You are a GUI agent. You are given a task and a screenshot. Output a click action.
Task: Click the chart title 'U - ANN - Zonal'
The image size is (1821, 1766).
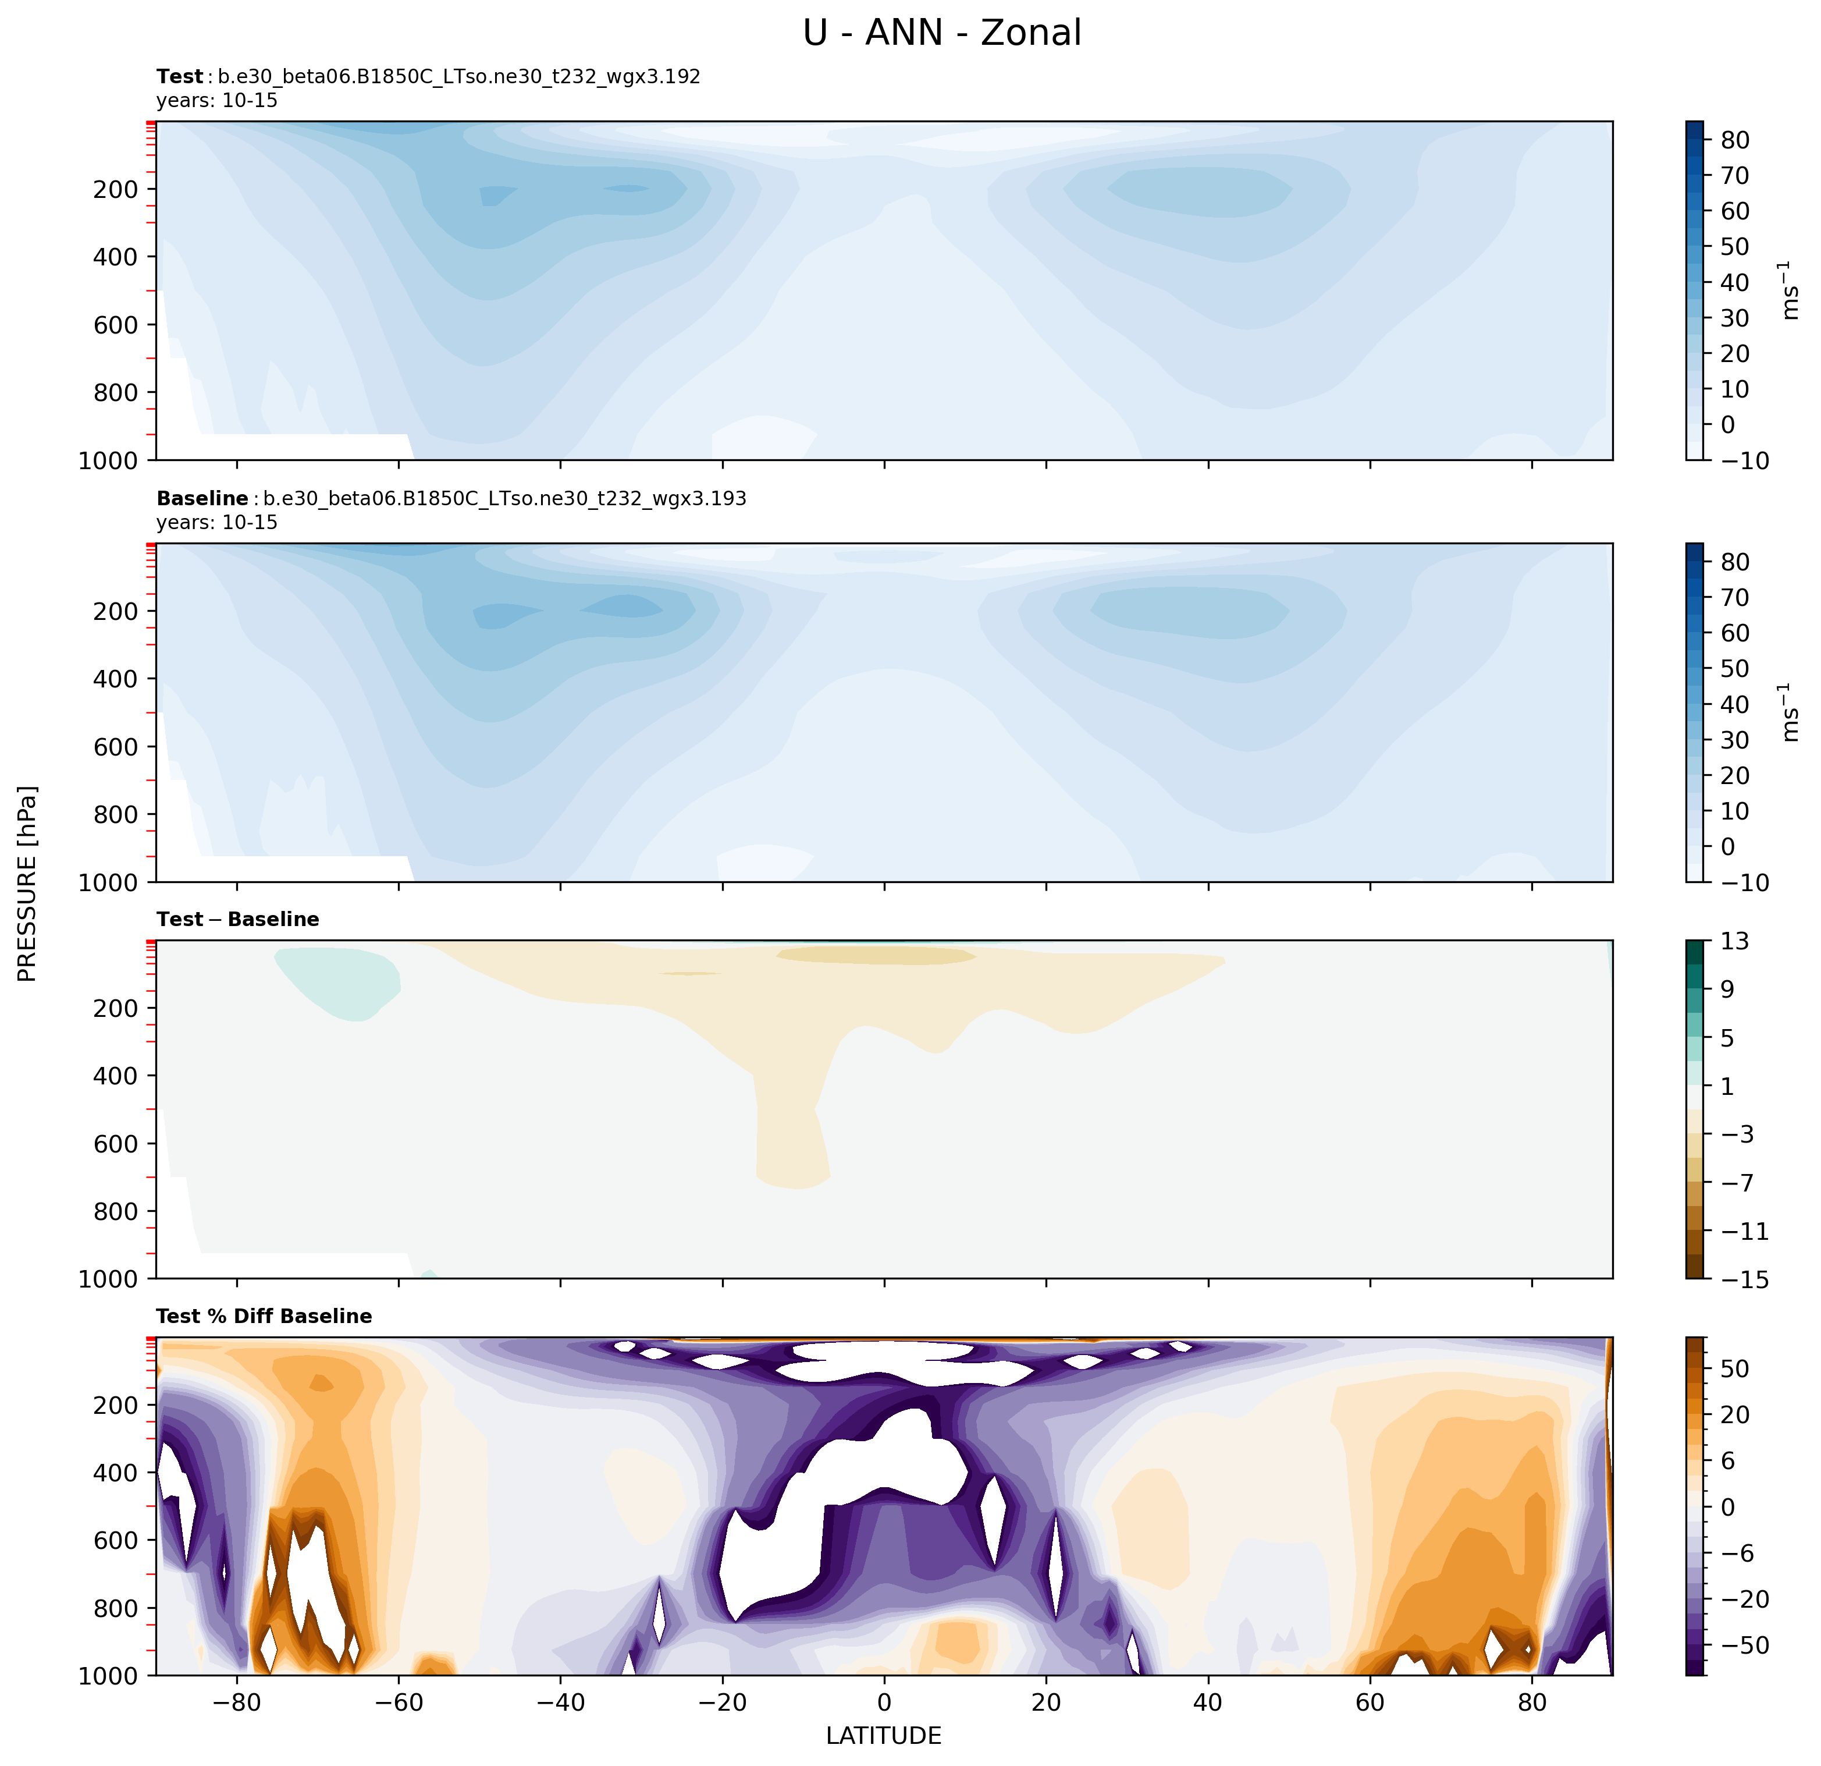coord(941,33)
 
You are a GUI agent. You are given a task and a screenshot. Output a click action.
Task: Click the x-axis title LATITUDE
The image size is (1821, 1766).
coord(884,1735)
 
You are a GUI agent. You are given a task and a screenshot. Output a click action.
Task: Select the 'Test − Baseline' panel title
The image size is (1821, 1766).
coord(238,919)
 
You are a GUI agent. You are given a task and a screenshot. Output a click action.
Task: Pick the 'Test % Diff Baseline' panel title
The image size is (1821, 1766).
coord(264,1316)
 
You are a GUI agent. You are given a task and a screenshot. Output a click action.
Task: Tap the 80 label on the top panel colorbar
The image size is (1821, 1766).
coord(1734,140)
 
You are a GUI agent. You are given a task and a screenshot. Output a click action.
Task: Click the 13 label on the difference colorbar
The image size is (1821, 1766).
coord(1734,942)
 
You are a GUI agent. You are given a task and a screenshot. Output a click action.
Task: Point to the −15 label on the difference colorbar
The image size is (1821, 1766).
coord(1737,1280)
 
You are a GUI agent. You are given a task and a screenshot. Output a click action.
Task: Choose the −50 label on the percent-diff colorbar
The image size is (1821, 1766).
coord(1737,1645)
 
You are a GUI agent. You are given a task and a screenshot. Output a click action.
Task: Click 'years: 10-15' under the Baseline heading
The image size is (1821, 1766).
coord(216,522)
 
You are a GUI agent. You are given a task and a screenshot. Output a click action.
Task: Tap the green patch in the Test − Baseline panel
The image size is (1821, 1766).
coord(344,981)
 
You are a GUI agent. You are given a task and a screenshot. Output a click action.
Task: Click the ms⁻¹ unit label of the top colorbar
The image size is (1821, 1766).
coord(1790,290)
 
